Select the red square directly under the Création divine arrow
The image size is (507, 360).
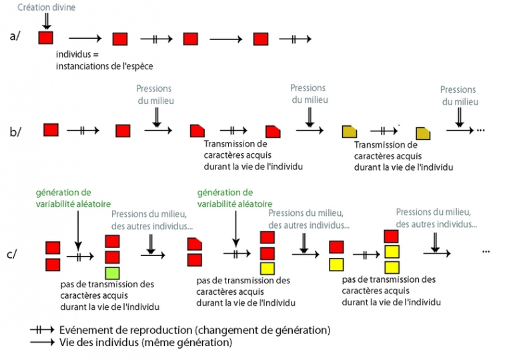(x=46, y=37)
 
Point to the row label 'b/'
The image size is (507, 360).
(x=16, y=131)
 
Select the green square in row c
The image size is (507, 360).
(x=113, y=272)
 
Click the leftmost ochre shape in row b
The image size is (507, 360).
(x=349, y=131)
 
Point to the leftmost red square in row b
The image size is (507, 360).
(x=51, y=130)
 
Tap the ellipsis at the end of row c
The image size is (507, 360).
(x=486, y=251)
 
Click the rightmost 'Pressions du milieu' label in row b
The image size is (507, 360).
(x=458, y=95)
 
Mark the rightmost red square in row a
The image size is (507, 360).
(x=262, y=39)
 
